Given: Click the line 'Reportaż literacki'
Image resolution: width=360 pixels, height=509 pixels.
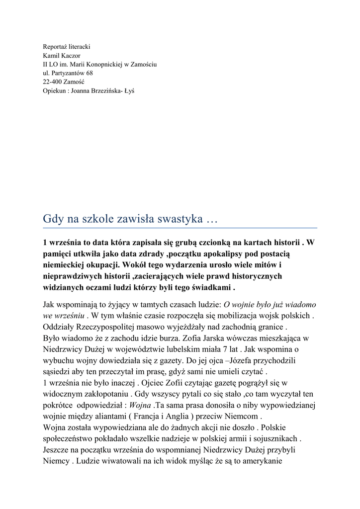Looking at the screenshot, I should [67, 46].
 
